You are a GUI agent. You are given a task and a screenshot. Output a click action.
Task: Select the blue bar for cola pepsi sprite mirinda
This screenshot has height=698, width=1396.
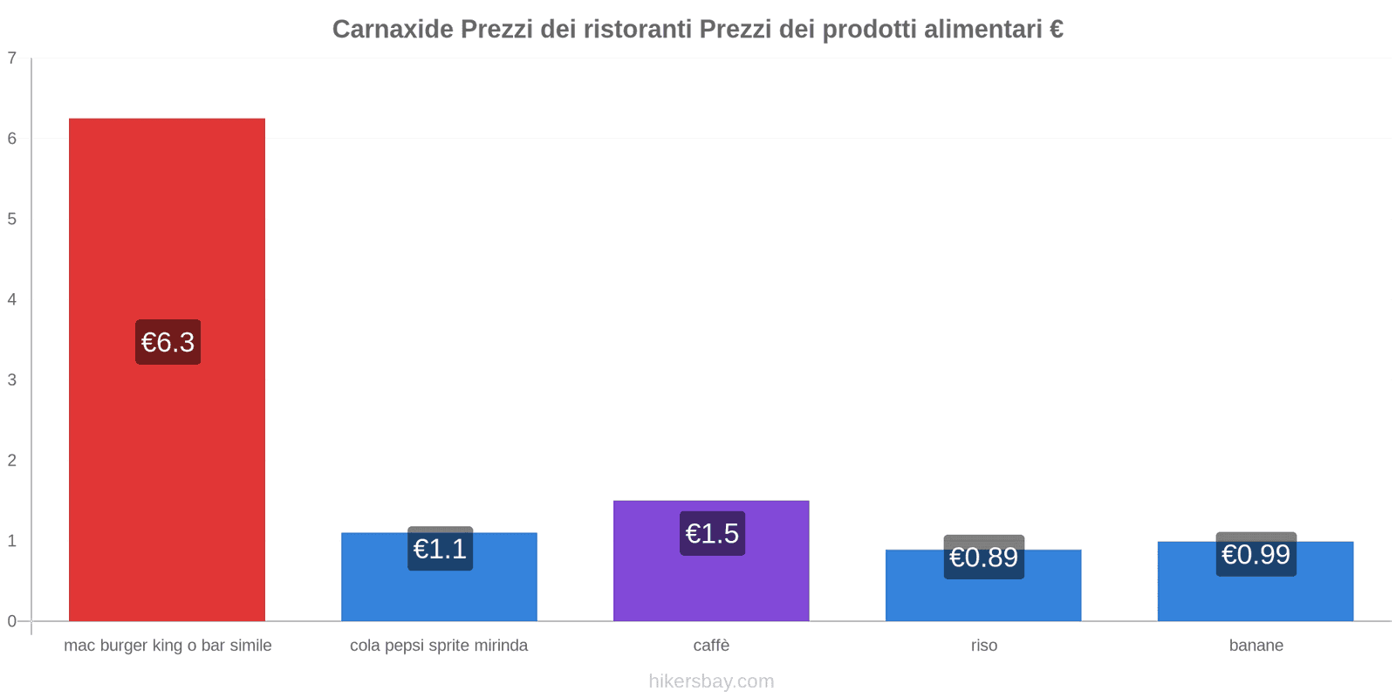click(439, 593)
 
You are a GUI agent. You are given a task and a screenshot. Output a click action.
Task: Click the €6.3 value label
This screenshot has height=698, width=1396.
click(168, 342)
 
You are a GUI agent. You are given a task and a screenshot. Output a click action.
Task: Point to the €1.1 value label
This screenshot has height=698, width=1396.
click(440, 549)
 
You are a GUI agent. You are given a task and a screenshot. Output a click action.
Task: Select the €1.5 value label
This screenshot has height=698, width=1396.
click(712, 533)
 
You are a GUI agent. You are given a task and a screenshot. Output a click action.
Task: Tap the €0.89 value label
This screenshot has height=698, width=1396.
click(983, 557)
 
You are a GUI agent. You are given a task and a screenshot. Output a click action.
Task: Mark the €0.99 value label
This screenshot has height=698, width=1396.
click(1256, 554)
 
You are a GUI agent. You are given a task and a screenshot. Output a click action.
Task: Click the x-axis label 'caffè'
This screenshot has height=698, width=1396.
click(711, 646)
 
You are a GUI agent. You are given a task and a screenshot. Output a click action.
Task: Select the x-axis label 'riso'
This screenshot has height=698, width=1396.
click(983, 646)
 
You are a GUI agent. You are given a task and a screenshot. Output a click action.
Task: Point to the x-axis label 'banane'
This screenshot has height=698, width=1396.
click(1256, 646)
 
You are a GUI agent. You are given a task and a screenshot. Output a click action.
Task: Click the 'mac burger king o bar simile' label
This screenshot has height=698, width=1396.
click(168, 646)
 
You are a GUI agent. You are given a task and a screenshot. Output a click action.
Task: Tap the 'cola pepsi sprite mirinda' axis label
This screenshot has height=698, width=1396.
click(439, 646)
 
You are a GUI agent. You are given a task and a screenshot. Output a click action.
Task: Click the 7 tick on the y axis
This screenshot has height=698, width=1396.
click(12, 58)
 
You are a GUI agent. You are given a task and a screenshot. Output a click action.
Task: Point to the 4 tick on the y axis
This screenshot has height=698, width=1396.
click(12, 299)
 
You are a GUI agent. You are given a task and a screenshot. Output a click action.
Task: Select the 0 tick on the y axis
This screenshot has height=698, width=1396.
click(12, 621)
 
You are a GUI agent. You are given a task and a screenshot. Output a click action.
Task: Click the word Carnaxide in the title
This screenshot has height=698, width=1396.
click(393, 30)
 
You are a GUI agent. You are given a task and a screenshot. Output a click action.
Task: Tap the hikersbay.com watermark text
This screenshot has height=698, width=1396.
click(711, 681)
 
